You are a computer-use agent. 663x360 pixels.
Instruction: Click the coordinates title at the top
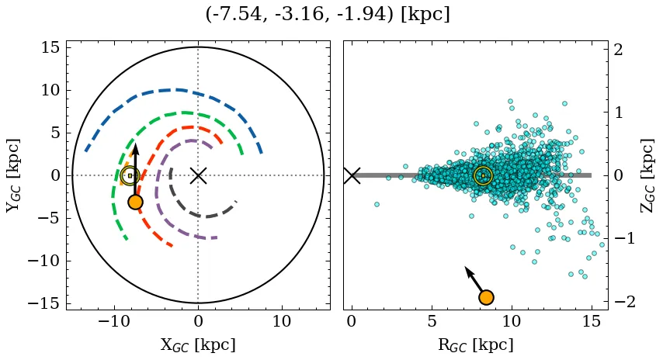(x=328, y=15)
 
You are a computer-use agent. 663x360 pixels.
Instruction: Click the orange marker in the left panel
(x=135, y=202)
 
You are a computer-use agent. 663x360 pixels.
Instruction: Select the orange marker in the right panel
(x=486, y=297)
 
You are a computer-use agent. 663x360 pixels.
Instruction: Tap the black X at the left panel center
(x=198, y=175)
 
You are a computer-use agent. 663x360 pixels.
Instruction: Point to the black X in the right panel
(x=352, y=175)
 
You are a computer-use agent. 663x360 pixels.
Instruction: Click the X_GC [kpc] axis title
(x=198, y=345)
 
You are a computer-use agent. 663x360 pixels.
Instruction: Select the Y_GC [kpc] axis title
(x=12, y=175)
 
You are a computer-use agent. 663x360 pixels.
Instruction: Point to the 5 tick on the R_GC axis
(x=432, y=321)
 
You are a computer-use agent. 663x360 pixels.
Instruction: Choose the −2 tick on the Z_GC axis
(x=624, y=301)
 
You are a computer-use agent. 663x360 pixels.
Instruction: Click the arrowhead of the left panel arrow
(x=135, y=147)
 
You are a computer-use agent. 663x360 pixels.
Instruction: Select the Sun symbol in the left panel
(x=130, y=175)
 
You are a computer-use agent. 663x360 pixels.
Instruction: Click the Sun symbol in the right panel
(x=483, y=175)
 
